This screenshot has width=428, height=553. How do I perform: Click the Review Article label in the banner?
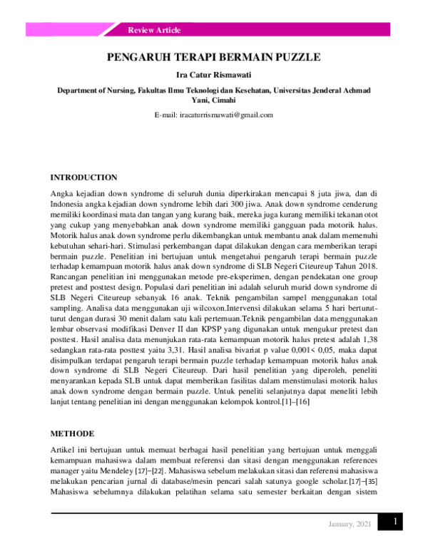[x=154, y=30]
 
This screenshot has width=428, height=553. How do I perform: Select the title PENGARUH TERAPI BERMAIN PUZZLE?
[x=214, y=58]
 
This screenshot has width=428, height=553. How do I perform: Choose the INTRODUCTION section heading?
[x=83, y=177]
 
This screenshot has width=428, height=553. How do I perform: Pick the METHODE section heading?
[x=72, y=433]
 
